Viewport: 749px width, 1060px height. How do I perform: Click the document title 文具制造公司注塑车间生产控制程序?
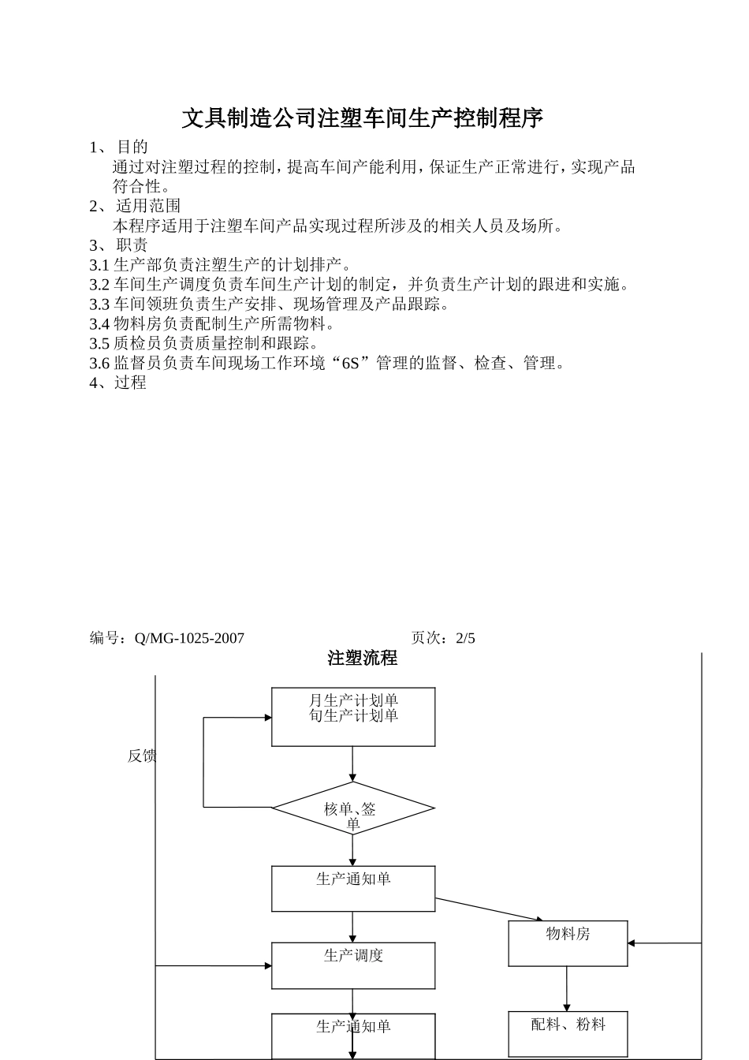pos(363,118)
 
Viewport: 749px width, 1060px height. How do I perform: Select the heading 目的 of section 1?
pos(132,147)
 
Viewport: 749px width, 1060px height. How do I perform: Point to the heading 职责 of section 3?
pos(132,245)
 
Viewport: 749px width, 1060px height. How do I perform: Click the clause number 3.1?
pos(99,265)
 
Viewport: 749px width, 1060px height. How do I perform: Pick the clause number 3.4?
pos(99,324)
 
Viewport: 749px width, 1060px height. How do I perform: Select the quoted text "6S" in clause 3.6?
pos(351,364)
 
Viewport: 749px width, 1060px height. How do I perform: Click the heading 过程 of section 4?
pos(130,383)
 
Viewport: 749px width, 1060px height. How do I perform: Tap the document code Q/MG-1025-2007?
pos(190,638)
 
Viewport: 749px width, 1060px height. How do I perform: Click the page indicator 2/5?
pos(465,638)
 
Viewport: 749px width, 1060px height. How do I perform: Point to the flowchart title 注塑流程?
pos(363,659)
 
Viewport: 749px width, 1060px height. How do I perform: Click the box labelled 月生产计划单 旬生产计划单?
pos(353,717)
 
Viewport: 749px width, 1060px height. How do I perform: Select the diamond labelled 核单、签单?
pos(353,808)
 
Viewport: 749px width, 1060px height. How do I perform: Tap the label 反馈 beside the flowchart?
pos(142,756)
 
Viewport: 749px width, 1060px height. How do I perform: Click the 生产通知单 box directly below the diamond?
pos(353,889)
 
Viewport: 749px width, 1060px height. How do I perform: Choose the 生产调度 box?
pos(353,965)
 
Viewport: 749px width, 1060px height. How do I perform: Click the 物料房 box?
pos(568,943)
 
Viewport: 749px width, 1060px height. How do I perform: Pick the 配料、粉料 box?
pos(568,1033)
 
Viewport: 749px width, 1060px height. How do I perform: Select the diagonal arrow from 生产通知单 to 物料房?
pos(489,909)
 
